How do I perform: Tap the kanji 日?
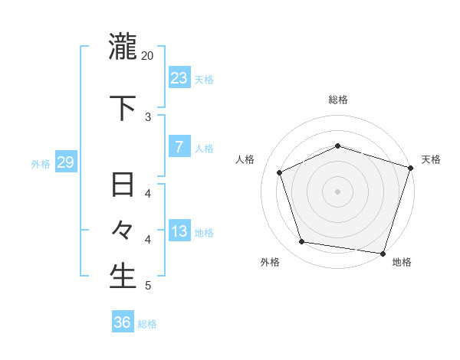tap(123, 185)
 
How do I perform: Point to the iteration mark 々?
tap(123, 230)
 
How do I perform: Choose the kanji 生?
tap(123, 276)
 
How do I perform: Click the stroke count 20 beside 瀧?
tap(148, 56)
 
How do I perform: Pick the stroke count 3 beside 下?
tap(148, 117)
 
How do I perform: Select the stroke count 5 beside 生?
tap(148, 286)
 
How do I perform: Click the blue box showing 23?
tap(179, 77)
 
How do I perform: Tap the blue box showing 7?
tap(179, 147)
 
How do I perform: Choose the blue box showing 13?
tap(179, 231)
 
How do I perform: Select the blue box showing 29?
tap(65, 162)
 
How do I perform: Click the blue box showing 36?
tap(122, 322)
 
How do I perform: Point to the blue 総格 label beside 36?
tap(147, 324)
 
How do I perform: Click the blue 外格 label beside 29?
tap(41, 163)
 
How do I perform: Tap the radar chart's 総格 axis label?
tap(338, 100)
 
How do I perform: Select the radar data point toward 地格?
tap(383, 253)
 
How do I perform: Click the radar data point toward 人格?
tap(280, 172)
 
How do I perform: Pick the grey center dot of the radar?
tap(337, 191)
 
